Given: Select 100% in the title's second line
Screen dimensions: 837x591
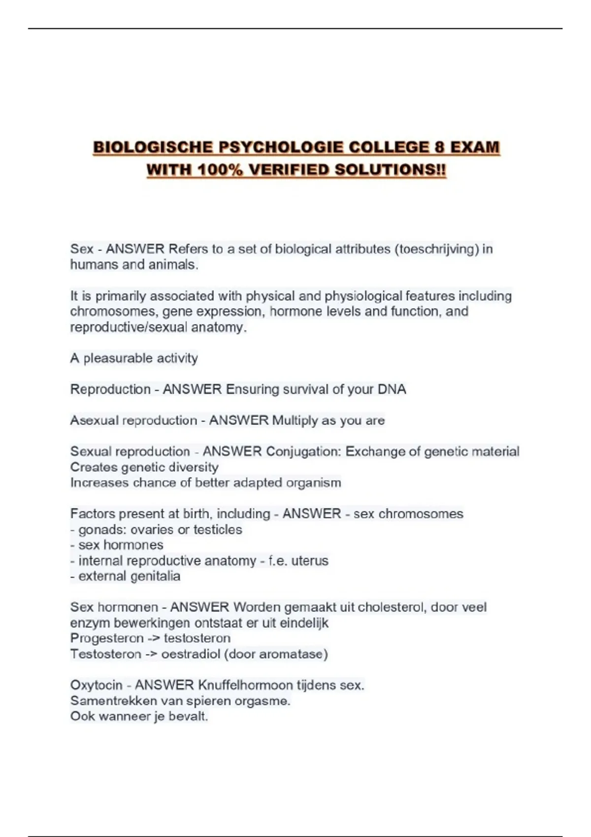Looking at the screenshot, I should pyautogui.click(x=220, y=170).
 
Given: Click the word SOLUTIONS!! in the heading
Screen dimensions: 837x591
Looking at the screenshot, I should pyautogui.click(x=390, y=170).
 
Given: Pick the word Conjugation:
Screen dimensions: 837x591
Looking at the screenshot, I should pyautogui.click(x=303, y=451).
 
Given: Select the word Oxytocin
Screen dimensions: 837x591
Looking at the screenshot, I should pyautogui.click(x=96, y=685).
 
